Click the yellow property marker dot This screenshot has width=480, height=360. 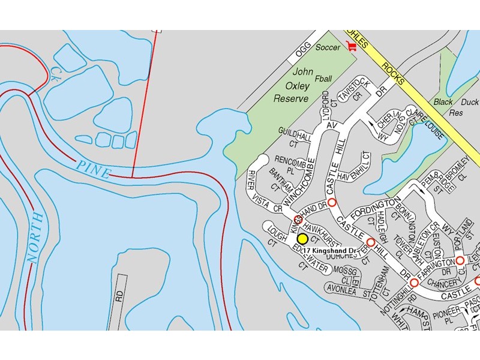click(302, 239)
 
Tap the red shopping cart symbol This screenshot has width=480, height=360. click(352, 46)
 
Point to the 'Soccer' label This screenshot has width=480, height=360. click(328, 47)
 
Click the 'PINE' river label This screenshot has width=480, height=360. click(92, 169)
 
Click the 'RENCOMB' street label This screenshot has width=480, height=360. click(290, 161)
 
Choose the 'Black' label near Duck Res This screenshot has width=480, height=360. click(443, 102)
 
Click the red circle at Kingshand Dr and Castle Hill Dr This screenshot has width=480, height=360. click(331, 202)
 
